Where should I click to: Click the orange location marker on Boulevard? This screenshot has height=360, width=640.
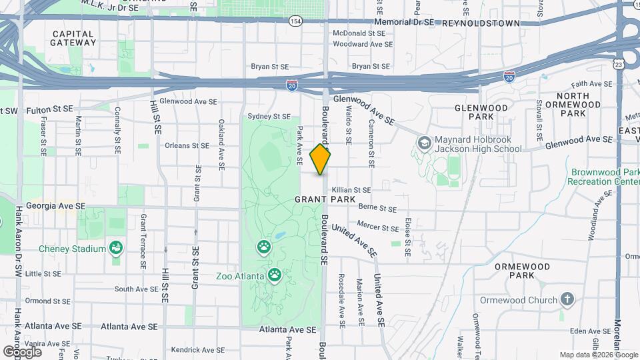[x=320, y=160]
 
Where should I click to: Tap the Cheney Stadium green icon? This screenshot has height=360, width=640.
[x=117, y=249]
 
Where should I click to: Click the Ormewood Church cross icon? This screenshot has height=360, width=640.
[x=567, y=299]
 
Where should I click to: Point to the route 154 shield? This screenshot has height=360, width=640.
[x=295, y=22]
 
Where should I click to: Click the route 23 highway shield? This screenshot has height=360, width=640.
[x=619, y=64]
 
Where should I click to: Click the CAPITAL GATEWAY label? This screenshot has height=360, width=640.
[x=73, y=38]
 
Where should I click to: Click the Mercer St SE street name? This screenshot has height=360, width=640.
[x=377, y=227]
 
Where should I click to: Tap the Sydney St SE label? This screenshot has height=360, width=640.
[x=269, y=116]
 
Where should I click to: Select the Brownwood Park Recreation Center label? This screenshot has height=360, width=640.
[x=603, y=177]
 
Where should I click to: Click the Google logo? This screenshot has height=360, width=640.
[x=22, y=351]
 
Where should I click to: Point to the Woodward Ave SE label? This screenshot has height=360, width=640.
[x=363, y=44]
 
